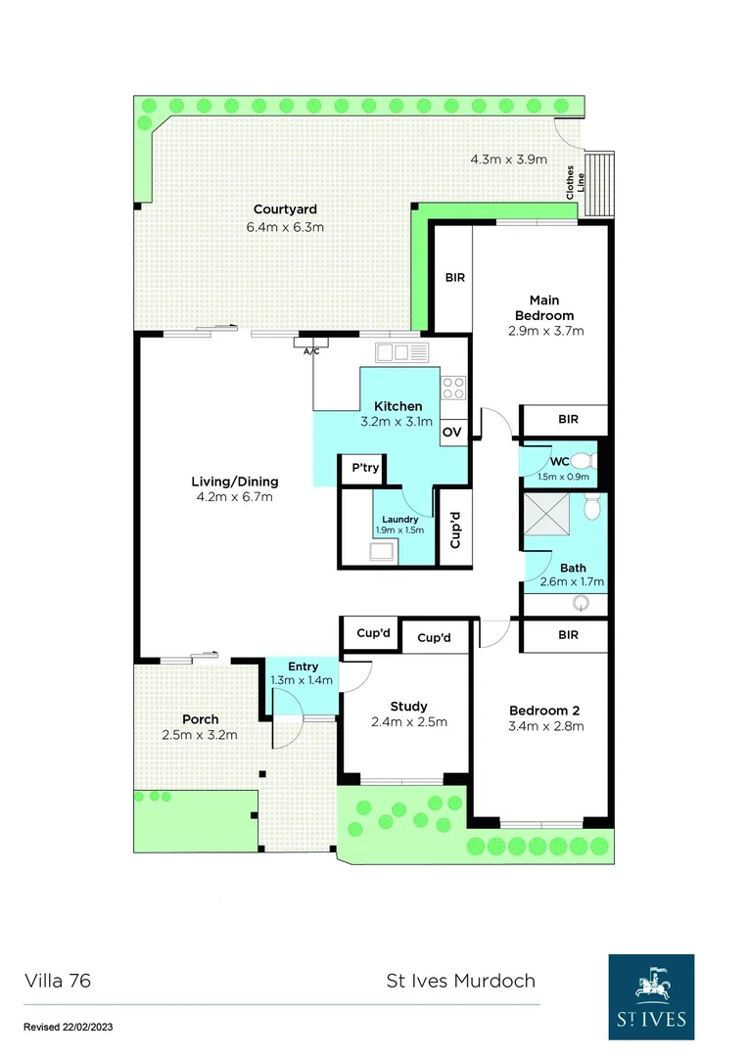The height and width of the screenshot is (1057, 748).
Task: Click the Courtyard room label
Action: tap(285, 209)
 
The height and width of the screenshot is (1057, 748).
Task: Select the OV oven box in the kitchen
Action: tap(452, 432)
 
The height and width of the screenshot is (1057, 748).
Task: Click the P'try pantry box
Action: tap(365, 469)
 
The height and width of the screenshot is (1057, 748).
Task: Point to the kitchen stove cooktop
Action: tap(453, 388)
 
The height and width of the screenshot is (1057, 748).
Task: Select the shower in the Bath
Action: tap(544, 514)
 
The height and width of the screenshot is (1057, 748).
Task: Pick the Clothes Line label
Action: tap(576, 183)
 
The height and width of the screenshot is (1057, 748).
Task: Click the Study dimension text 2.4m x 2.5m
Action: tap(409, 722)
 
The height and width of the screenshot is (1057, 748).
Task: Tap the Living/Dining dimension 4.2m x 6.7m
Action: tap(235, 496)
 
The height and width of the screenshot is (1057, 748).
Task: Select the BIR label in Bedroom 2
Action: tap(569, 635)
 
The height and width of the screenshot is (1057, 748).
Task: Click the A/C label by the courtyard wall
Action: tap(311, 350)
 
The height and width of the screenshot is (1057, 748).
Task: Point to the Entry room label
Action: tap(303, 667)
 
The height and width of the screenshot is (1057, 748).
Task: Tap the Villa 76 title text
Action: tap(58, 981)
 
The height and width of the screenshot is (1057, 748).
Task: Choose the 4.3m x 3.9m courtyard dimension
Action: tap(508, 159)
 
